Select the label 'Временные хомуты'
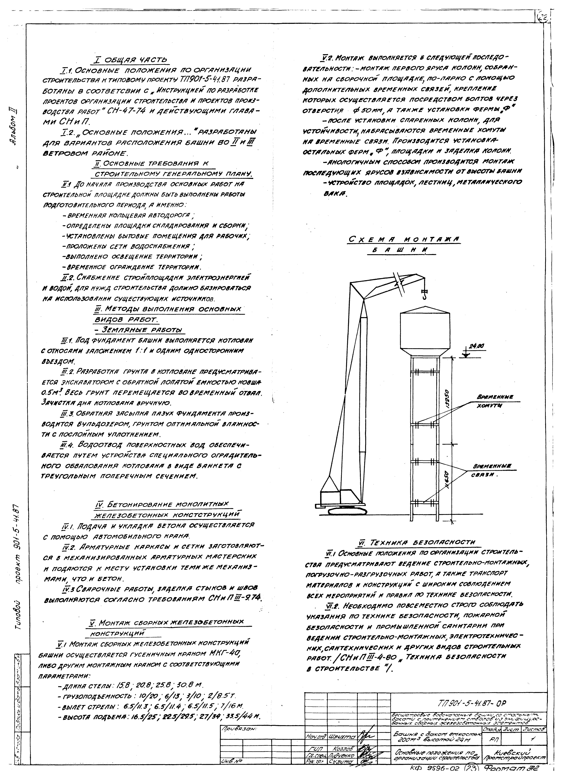(x=494, y=401)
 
